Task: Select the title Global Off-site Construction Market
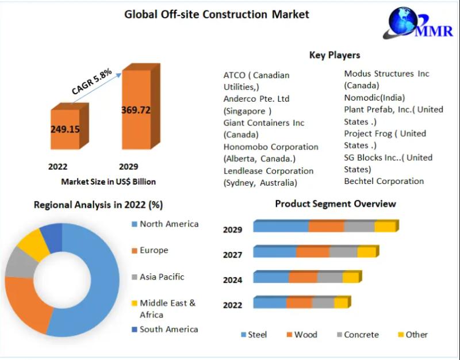(x=217, y=14)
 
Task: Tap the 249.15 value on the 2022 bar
(x=65, y=129)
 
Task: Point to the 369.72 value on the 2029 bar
(x=136, y=110)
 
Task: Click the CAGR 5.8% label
(x=91, y=82)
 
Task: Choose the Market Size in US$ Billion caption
(x=108, y=181)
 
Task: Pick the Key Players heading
(x=335, y=55)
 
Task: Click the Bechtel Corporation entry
(x=384, y=181)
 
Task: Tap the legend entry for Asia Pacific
(x=162, y=277)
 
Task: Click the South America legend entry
(x=168, y=329)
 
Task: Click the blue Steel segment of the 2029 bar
(x=281, y=226)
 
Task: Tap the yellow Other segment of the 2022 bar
(x=341, y=302)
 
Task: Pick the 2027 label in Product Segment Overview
(x=232, y=255)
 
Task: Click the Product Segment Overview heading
(x=335, y=204)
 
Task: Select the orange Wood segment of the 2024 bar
(x=303, y=277)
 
